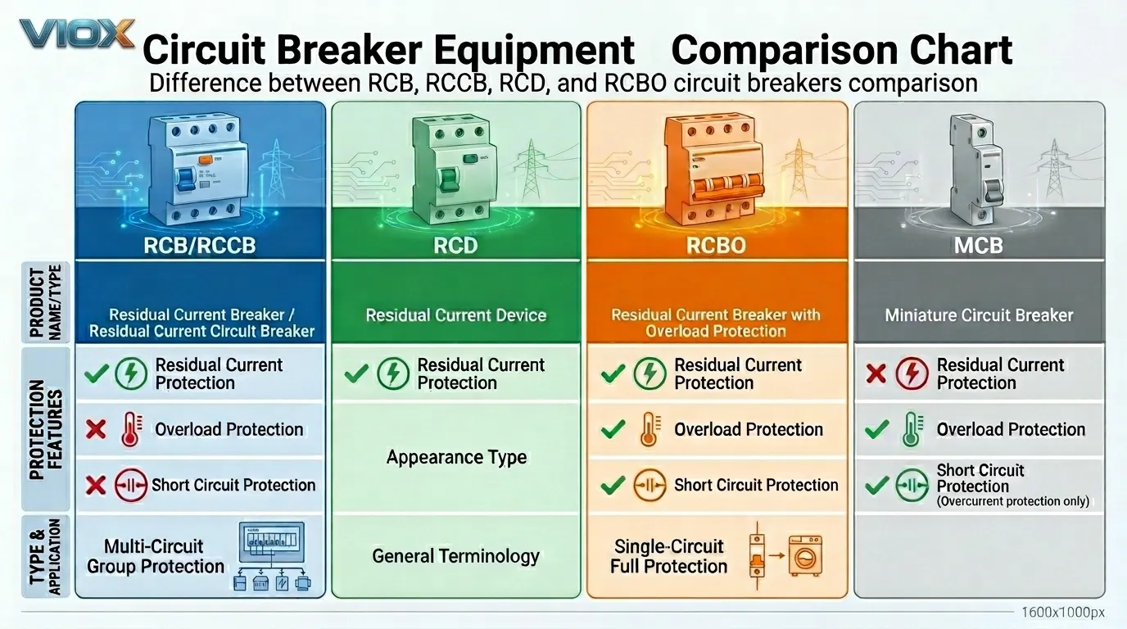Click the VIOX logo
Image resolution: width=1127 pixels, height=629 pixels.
pyautogui.click(x=76, y=34)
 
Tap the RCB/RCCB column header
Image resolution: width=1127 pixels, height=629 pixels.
pyautogui.click(x=200, y=246)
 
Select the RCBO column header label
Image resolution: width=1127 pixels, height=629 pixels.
pyautogui.click(x=716, y=246)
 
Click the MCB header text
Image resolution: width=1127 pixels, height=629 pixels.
pyautogui.click(x=979, y=246)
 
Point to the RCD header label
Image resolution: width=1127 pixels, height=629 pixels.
pyautogui.click(x=455, y=246)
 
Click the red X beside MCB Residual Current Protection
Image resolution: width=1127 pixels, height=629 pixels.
pyautogui.click(x=876, y=373)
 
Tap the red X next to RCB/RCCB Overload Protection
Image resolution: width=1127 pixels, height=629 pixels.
pyautogui.click(x=96, y=430)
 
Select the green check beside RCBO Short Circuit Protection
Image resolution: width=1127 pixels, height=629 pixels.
pyautogui.click(x=613, y=485)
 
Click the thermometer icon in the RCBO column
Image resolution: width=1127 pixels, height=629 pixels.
pyautogui.click(x=649, y=430)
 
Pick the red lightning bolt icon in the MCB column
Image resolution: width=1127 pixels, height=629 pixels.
pyautogui.click(x=912, y=373)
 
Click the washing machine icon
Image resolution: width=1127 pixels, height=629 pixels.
pyautogui.click(x=805, y=556)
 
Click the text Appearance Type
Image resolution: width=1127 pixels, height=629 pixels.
pyautogui.click(x=456, y=457)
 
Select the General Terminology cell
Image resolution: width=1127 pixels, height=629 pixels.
pyautogui.click(x=456, y=556)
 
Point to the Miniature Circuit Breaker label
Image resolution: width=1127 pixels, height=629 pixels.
pyautogui.click(x=979, y=315)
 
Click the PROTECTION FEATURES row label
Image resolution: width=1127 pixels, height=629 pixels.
pyautogui.click(x=46, y=429)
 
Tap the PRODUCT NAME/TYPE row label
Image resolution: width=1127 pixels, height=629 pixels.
pyautogui.click(x=45, y=303)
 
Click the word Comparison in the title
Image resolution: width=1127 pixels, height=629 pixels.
pyautogui.click(x=785, y=51)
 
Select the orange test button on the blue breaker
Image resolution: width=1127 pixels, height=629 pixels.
pyautogui.click(x=206, y=160)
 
